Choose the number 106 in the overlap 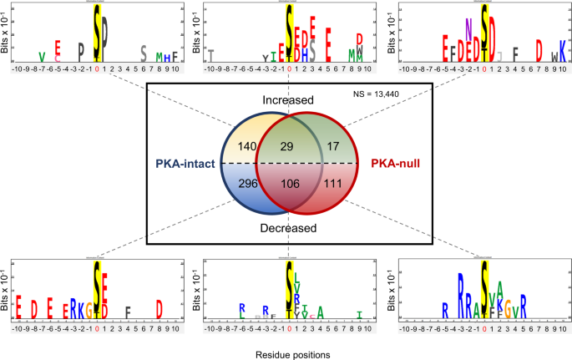point(288,183)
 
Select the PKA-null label point(387,164)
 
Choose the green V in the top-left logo point(42,55)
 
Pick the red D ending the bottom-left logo point(159,307)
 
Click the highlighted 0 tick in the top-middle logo point(288,69)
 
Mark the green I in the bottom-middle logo point(359,315)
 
